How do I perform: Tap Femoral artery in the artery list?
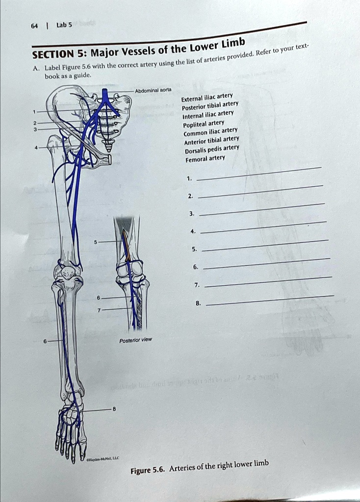coord(205,158)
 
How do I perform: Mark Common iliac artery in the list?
coord(210,132)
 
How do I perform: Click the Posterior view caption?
coord(135,339)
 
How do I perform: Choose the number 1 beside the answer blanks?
coord(189,179)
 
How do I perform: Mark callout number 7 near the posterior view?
coord(99,309)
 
